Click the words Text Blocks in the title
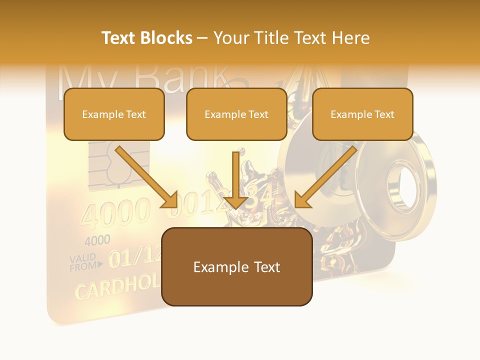[x=147, y=38]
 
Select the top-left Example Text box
[x=114, y=114]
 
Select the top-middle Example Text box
[x=236, y=114]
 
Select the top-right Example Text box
[x=362, y=114]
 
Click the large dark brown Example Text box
[x=237, y=267]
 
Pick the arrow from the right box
[x=326, y=177]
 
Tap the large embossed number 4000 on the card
[x=115, y=212]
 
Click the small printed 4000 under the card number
[x=97, y=240]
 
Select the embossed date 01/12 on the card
[x=135, y=257]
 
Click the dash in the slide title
[x=202, y=38]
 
